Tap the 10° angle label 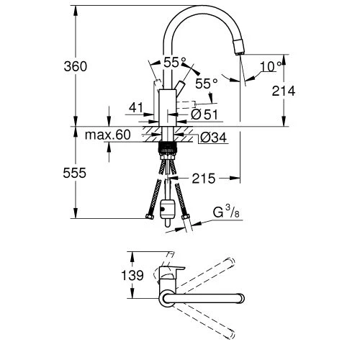(269, 66)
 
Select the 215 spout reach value (204, 176)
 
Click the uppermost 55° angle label (173, 63)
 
